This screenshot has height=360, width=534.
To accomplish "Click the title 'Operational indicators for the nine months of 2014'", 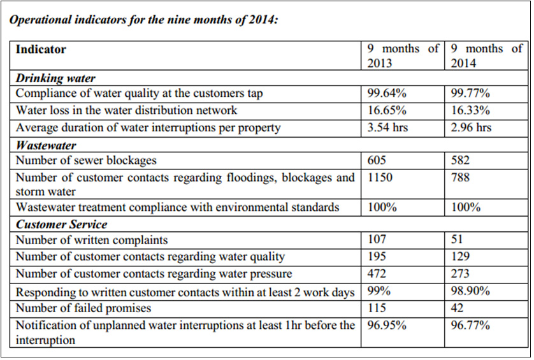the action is point(143,20).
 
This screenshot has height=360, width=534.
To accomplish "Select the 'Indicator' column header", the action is point(41,50).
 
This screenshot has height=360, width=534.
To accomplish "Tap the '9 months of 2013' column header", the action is point(403,55).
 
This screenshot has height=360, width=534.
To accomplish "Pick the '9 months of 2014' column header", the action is point(487,55).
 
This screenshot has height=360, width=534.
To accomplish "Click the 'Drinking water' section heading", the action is point(55,78).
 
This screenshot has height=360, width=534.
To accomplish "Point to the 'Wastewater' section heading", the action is point(46,145).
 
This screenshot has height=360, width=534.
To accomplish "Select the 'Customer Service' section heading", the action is point(61,224).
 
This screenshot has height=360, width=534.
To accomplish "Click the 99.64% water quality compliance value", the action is point(387,93).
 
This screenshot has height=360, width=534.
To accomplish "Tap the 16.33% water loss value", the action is point(470,110).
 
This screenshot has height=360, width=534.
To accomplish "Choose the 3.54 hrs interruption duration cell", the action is point(387,127).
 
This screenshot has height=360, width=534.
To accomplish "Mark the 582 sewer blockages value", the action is point(460,160).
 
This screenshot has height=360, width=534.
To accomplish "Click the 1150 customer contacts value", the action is point(380,177).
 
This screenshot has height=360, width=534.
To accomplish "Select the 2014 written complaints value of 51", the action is point(457,239).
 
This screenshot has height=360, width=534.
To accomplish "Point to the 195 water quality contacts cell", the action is point(377,256).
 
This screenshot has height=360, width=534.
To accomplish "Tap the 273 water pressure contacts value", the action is point(460,273).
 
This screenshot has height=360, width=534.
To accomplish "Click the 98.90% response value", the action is point(470,291).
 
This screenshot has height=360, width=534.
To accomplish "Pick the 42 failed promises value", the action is point(457,308).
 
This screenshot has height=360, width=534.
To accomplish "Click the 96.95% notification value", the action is point(387,325).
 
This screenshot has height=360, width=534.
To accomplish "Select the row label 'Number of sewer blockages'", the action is point(86,161).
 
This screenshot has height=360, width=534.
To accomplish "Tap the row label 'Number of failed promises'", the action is point(83,308).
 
